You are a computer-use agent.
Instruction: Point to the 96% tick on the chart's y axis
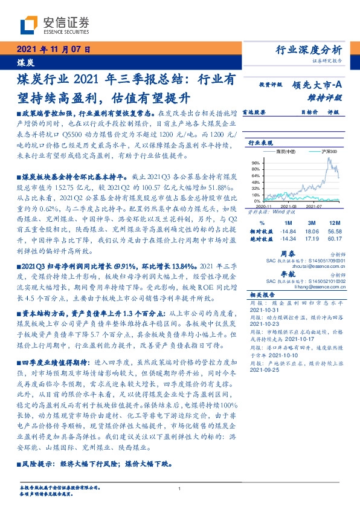click(256, 163)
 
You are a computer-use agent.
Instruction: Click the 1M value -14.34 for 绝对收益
click(288, 239)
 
